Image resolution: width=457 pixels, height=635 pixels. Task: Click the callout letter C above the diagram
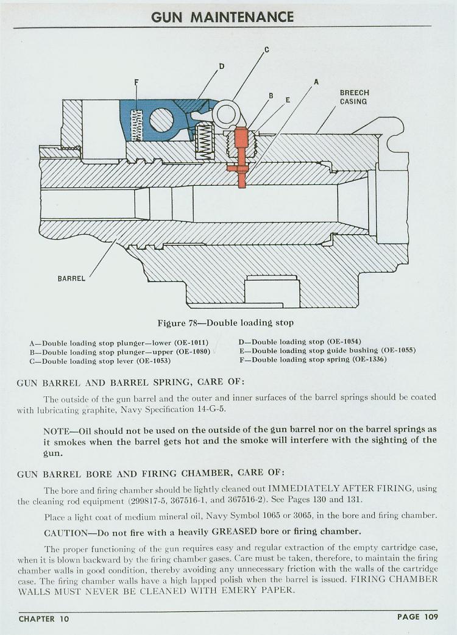click(266, 50)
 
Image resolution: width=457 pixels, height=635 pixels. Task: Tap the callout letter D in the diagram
click(221, 66)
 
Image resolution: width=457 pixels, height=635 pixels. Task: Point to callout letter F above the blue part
click(136, 82)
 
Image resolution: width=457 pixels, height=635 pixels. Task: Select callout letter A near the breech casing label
click(316, 82)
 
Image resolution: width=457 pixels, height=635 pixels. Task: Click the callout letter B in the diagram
click(271, 96)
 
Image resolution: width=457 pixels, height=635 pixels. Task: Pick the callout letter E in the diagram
click(288, 99)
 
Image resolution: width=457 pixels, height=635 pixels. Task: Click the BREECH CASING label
click(354, 97)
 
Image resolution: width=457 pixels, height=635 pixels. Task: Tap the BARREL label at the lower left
click(71, 278)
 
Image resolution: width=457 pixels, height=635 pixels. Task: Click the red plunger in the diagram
click(241, 157)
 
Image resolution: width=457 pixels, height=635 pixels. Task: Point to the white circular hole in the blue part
click(161, 120)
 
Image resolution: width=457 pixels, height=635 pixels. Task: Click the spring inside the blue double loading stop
click(138, 125)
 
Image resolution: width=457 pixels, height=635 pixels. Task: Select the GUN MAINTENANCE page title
click(222, 17)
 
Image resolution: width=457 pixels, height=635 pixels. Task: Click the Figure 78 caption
click(225, 323)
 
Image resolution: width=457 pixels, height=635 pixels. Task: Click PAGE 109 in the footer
click(418, 617)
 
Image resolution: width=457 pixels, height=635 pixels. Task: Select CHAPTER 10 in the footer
click(44, 619)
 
